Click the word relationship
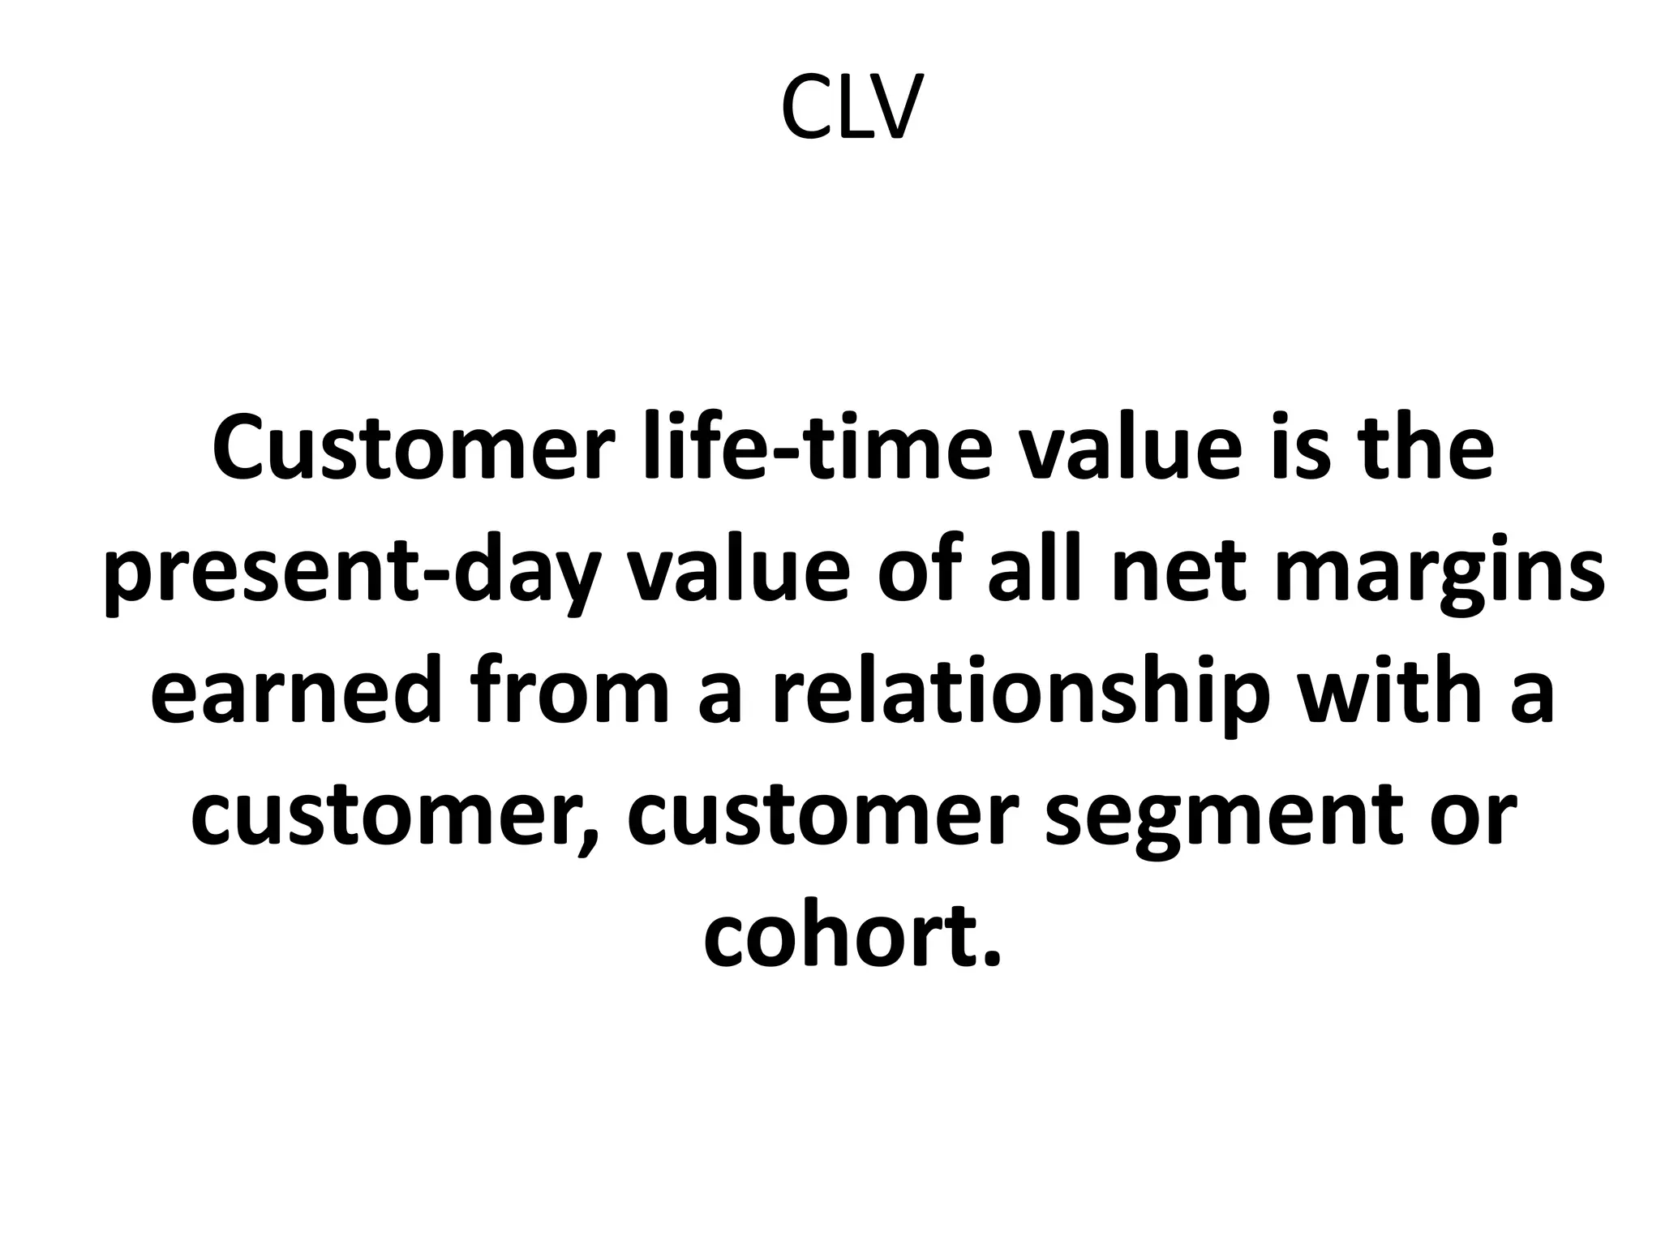[x=1014, y=694]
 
